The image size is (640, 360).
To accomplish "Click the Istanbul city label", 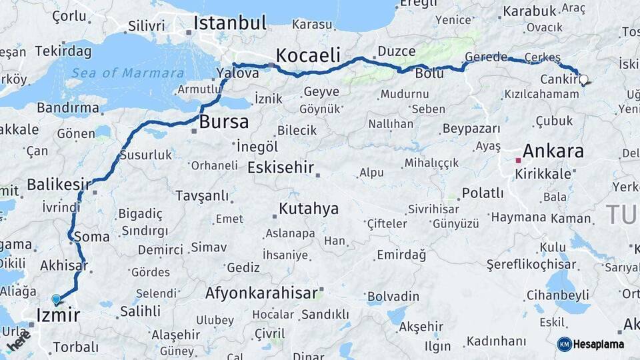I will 230,23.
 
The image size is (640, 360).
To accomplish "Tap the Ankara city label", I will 553,151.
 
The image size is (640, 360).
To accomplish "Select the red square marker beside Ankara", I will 519,160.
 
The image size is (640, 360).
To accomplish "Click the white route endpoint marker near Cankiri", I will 584,80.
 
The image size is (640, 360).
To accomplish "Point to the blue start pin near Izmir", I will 56,300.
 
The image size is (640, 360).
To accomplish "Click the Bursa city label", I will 224,122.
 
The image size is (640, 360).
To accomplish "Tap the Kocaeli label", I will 308,55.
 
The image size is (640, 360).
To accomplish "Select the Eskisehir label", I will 280,167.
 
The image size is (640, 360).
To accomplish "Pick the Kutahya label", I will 309,209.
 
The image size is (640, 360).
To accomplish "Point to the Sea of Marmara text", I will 127,73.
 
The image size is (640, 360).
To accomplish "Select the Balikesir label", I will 59,184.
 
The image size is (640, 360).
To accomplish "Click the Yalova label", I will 239,73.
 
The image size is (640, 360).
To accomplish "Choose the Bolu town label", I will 429,73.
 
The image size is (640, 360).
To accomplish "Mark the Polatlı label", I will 483,193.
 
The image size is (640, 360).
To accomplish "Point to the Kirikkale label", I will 543,174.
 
